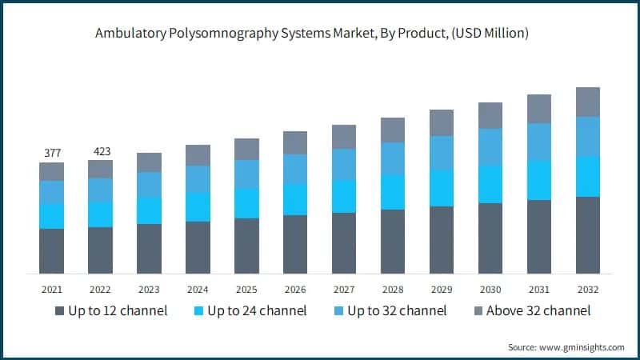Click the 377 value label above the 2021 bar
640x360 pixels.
pyautogui.click(x=51, y=153)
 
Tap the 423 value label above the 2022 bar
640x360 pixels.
pyautogui.click(x=100, y=150)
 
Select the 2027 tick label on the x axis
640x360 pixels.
pyautogui.click(x=344, y=290)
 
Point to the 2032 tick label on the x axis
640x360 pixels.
pyautogui.click(x=588, y=290)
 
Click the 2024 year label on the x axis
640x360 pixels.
pyautogui.click(x=198, y=290)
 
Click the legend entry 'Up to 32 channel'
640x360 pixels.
pyautogui.click(x=394, y=310)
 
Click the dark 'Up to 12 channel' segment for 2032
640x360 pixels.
pyautogui.click(x=588, y=235)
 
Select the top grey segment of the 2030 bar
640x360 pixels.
pyautogui.click(x=490, y=115)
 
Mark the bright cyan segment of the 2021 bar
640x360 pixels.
pyautogui.click(x=51, y=216)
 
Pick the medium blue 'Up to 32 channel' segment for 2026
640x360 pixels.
pyautogui.click(x=295, y=169)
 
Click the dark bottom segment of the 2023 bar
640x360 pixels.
pyautogui.click(x=149, y=249)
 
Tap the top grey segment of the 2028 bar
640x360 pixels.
pyautogui.click(x=393, y=130)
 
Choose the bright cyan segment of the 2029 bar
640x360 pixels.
pyautogui.click(x=442, y=188)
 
